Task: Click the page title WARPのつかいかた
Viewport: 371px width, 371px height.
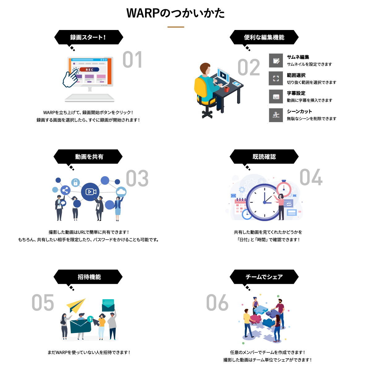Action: (176, 13)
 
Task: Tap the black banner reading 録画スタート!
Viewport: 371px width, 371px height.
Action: (88, 37)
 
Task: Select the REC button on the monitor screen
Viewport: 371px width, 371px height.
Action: (89, 70)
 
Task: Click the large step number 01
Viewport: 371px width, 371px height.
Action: (132, 60)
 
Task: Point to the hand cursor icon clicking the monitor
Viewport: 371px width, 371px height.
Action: (70, 78)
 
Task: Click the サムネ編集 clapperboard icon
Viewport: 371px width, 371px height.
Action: (276, 60)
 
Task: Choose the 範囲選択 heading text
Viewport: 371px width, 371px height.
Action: (296, 75)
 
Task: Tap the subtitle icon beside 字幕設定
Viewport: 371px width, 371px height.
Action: (276, 97)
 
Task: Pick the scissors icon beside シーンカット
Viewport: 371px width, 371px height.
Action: (276, 115)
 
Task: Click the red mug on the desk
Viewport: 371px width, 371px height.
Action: (226, 89)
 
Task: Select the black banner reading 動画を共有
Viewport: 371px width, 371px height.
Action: (88, 157)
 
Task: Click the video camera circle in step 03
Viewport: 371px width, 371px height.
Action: (90, 192)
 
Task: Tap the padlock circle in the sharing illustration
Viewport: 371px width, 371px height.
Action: (75, 182)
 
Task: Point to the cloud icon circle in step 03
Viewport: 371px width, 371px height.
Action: (121, 192)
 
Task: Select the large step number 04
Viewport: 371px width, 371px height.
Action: (311, 177)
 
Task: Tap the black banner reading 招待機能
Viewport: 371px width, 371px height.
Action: (88, 277)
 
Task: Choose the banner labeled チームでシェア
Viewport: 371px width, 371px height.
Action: (264, 277)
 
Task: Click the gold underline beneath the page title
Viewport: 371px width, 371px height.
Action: (176, 27)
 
